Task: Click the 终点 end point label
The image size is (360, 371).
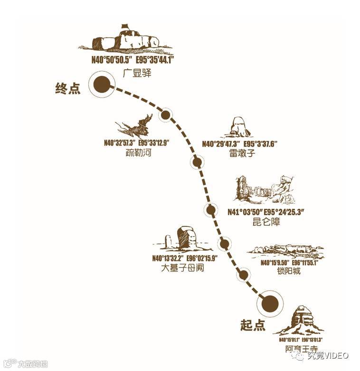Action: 68,88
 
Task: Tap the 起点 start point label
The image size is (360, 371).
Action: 253,325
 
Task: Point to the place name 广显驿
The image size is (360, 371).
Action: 136,74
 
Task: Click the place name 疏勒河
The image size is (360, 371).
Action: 138,153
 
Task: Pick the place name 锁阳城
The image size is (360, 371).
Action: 288,272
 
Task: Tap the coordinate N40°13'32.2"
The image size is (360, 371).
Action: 168,259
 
